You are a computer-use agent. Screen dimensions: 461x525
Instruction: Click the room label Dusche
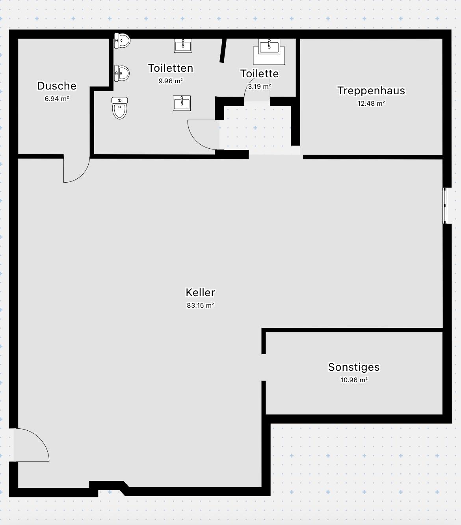point(57,86)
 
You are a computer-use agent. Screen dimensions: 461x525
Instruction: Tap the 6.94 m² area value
point(57,99)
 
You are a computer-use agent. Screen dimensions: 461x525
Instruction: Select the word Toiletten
point(171,68)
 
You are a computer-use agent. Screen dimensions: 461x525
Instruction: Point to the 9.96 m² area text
point(171,81)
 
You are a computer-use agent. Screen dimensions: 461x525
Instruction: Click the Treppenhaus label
point(371,91)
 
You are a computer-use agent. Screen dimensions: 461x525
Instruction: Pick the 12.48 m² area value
point(371,103)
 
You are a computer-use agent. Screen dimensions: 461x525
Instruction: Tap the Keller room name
point(200,293)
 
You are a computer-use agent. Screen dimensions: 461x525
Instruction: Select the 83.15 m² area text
point(200,306)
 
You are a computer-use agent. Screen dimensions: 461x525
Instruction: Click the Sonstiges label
point(354,367)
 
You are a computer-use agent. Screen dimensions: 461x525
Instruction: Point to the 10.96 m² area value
point(354,380)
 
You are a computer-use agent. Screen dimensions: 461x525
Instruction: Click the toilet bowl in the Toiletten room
point(120,108)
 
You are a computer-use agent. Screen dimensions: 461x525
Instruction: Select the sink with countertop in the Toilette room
point(269,52)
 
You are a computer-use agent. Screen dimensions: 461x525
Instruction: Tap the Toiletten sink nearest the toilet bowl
point(182,103)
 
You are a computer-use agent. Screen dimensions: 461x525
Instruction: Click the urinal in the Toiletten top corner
point(122,41)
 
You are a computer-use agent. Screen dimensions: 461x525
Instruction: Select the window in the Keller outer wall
point(445,206)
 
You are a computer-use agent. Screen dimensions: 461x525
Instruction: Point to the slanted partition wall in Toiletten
point(223,50)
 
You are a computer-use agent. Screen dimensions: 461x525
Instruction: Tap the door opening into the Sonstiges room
point(264,368)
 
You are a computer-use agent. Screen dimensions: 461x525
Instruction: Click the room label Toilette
point(259,74)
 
